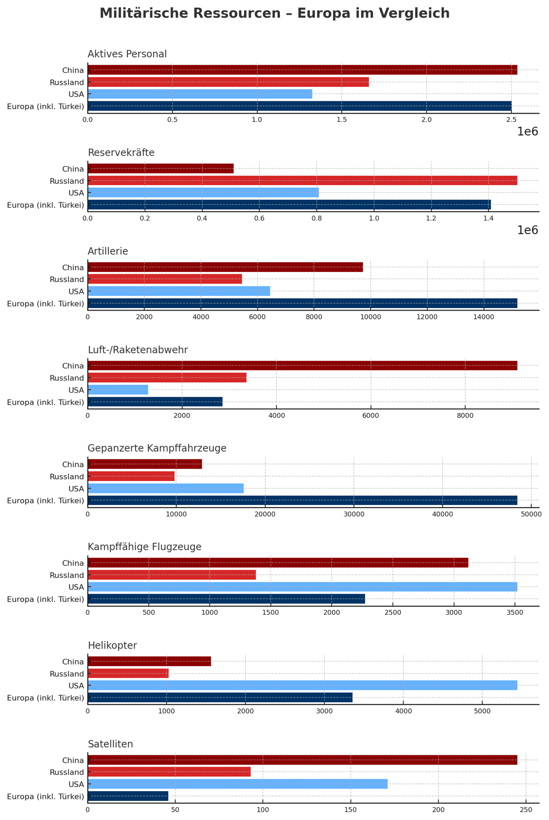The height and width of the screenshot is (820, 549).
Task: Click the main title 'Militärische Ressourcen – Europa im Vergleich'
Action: [274, 14]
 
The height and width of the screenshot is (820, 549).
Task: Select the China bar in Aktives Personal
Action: [302, 70]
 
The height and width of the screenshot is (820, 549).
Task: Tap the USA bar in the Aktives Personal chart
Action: [200, 94]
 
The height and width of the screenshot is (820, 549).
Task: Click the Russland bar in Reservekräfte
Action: [302, 181]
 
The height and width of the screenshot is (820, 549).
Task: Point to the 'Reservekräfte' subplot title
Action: [121, 153]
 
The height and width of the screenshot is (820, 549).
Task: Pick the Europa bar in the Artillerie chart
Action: [302, 304]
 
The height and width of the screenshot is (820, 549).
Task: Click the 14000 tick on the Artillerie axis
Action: [484, 317]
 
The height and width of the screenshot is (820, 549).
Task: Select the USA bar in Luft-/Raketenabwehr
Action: [118, 390]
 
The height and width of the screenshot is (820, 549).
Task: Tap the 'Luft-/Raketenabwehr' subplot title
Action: [138, 350]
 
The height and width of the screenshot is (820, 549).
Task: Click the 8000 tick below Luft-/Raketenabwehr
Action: [465, 416]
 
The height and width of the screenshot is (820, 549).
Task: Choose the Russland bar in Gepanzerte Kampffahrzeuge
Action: [131, 477]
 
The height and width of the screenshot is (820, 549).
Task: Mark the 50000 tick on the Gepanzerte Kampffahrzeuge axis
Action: [531, 514]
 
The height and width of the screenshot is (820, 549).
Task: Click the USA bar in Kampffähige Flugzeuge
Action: [302, 587]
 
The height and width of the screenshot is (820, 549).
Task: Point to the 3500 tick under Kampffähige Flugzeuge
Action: [515, 613]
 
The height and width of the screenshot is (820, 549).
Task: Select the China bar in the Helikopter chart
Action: [149, 661]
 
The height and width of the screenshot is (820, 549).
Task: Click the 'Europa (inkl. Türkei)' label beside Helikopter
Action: [46, 698]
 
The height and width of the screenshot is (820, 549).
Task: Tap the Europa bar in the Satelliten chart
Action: [127, 796]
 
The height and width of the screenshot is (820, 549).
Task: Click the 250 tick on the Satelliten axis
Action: [525, 810]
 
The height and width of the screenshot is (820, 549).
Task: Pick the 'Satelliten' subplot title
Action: [110, 745]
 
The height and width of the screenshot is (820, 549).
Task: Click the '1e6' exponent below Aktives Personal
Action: [527, 132]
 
